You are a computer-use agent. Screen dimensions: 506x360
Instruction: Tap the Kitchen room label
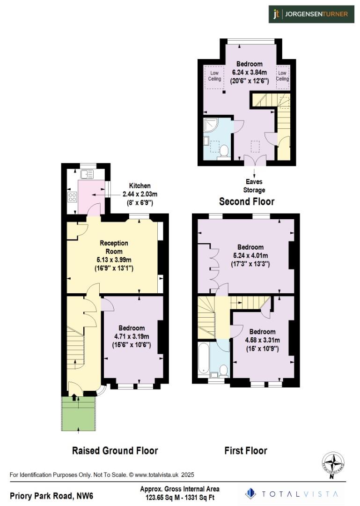point(140,186)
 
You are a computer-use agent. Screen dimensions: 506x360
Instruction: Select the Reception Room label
point(114,247)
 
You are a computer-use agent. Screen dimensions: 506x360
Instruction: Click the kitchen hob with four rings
point(73,197)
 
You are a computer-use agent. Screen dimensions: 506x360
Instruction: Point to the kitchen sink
point(87,175)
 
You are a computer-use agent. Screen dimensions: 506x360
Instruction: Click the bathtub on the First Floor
point(205,359)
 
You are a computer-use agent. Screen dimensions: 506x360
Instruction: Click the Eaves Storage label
point(254,186)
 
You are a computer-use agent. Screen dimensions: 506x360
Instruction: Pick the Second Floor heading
point(247,201)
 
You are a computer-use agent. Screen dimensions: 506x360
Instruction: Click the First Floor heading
point(246,451)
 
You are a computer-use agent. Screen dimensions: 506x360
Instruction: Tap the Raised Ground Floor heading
point(115,451)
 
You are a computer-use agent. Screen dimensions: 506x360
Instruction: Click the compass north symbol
point(333,464)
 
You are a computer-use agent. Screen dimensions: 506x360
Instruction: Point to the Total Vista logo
point(293,493)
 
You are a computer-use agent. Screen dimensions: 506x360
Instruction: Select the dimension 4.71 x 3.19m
point(132,336)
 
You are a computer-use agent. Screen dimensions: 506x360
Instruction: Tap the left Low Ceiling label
point(214,76)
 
